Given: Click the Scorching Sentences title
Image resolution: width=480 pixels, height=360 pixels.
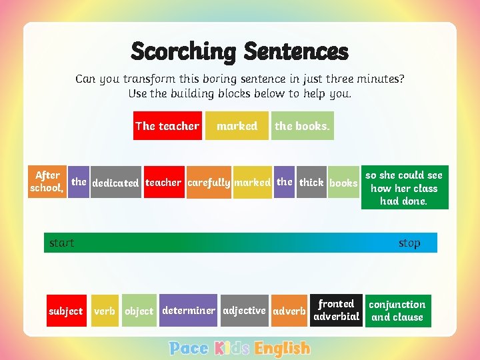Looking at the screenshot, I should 239,51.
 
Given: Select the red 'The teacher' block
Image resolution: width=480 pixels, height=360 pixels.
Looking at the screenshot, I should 167,126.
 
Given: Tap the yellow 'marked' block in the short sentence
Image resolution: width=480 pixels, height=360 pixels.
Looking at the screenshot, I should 237,126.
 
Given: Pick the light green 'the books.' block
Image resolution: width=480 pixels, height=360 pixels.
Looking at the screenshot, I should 302,126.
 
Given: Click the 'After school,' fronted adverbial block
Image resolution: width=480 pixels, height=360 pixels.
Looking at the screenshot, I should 47,182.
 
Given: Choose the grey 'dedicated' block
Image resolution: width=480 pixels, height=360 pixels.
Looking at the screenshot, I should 115,183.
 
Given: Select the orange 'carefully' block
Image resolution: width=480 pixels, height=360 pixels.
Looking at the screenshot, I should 209,183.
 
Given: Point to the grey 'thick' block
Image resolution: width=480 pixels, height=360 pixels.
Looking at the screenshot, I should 311,183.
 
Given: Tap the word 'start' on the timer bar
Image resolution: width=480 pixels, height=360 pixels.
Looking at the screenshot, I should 61,243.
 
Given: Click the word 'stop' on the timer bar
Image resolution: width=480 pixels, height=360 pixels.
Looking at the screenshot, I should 409,243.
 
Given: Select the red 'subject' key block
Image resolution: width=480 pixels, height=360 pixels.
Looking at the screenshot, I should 65,311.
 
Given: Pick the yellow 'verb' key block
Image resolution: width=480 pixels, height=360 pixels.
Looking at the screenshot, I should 105,311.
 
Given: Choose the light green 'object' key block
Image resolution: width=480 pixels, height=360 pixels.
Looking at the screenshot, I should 139,311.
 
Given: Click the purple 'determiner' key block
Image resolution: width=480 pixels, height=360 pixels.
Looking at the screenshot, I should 188,311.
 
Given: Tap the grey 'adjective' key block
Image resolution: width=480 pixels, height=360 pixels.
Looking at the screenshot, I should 244,311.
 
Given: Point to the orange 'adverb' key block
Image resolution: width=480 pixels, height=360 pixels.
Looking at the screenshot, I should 289,311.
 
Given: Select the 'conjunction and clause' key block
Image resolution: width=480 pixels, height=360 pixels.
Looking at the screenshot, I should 397,311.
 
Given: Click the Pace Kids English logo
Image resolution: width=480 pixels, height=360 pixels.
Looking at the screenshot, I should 239,348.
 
